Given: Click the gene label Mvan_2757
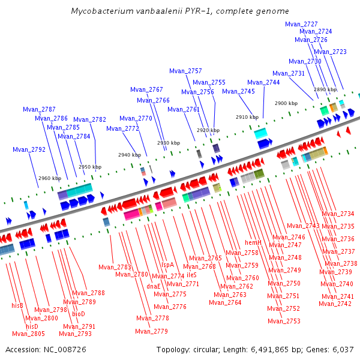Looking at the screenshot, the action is (x=185, y=71).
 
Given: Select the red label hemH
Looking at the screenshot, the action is (x=253, y=242).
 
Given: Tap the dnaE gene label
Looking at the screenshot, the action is (x=154, y=286).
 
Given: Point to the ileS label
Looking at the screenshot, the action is (x=191, y=275).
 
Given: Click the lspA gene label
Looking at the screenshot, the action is (x=167, y=265).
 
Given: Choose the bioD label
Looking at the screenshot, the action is (x=79, y=314).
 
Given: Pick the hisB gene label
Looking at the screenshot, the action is (x=17, y=305).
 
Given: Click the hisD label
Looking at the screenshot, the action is (x=32, y=326).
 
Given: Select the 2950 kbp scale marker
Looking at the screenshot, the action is (x=90, y=167).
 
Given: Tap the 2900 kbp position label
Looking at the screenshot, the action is (x=286, y=103).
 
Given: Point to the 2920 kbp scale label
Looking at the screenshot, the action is (x=208, y=130).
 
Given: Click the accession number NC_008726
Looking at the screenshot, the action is (x=65, y=350).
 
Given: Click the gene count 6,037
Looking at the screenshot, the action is (x=343, y=350).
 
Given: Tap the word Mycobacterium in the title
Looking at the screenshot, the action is (x=102, y=11).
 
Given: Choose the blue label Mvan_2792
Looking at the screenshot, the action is (x=29, y=149).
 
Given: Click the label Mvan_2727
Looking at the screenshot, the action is (x=301, y=25).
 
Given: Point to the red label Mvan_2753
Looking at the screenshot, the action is (x=284, y=321).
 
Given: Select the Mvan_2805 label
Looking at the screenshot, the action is (x=28, y=334).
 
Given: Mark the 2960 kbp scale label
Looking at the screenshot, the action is (x=50, y=178).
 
